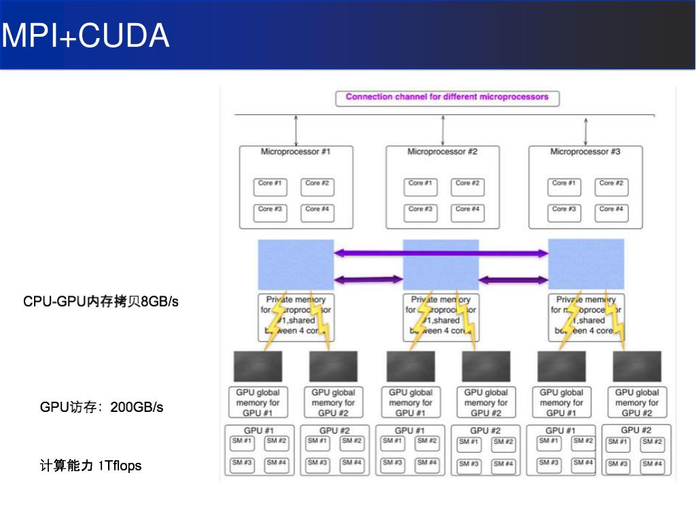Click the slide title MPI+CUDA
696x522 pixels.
pos(86,35)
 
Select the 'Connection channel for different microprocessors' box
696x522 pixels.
pos(447,97)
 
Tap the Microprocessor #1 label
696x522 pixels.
pos(296,152)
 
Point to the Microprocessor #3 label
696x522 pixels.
pos(585,152)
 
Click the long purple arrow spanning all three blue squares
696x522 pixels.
pos(441,254)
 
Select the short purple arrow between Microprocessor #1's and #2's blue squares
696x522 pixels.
pos(368,279)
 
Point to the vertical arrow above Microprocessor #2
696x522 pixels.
pos(442,130)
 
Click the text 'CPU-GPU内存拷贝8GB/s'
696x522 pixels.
pos(101,301)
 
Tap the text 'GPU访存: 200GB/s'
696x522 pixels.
pos(101,407)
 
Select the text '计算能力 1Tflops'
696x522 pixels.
pos(90,466)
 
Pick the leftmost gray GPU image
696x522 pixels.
pos(258,366)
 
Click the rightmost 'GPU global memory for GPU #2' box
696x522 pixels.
pos(637,402)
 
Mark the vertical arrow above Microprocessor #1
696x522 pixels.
pos(296,130)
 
